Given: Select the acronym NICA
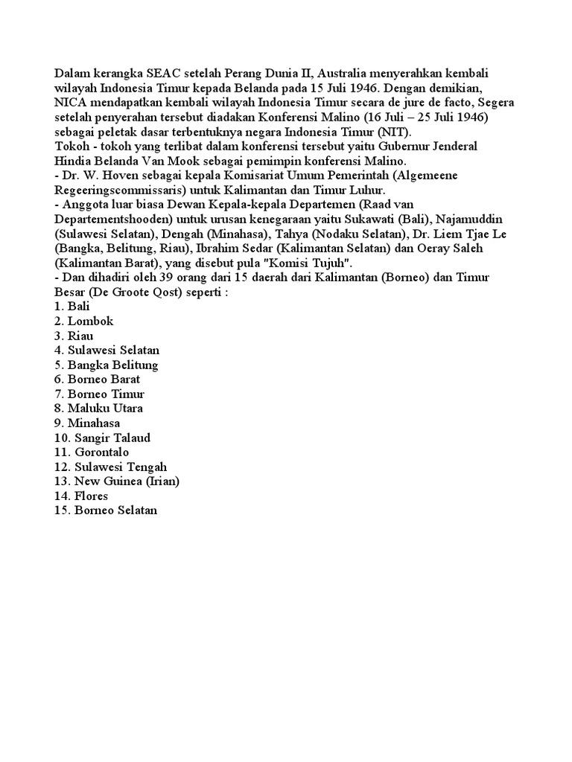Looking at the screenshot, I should [x=71, y=103].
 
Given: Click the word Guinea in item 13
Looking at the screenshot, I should [x=124, y=481].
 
